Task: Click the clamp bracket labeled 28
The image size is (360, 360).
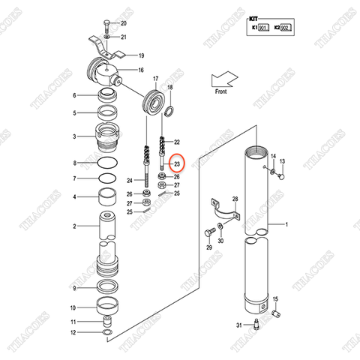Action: point(224,214)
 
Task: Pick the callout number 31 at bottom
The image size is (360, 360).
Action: point(238,324)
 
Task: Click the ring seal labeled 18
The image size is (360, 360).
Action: point(169,112)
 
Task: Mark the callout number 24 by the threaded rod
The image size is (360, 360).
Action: point(128,181)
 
